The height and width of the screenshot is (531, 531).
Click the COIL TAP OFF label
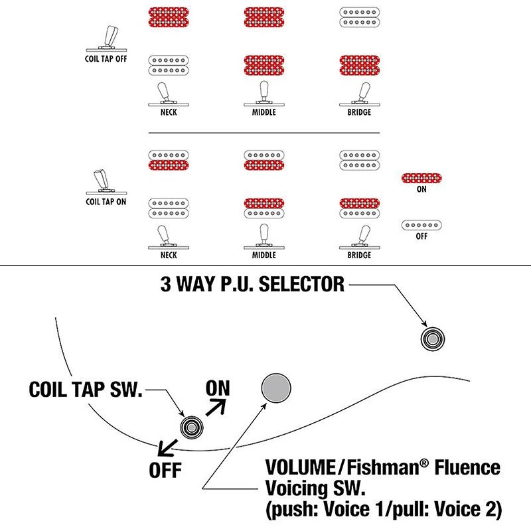click(x=106, y=58)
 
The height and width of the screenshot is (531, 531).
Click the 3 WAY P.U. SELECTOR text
click(x=252, y=285)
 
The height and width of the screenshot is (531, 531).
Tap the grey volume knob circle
click(x=277, y=388)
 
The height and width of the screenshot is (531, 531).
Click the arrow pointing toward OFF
click(x=166, y=445)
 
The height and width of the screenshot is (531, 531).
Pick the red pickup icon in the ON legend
click(x=422, y=177)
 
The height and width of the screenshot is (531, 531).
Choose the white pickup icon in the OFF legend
click(x=422, y=225)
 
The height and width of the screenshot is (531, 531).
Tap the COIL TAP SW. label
click(x=86, y=390)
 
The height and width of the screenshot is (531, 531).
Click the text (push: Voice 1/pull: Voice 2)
click(x=383, y=510)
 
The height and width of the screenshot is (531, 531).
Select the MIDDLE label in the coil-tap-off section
click(x=264, y=113)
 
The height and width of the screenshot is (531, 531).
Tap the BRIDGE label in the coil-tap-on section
click(x=359, y=255)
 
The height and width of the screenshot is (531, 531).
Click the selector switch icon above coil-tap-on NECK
click(x=166, y=236)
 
